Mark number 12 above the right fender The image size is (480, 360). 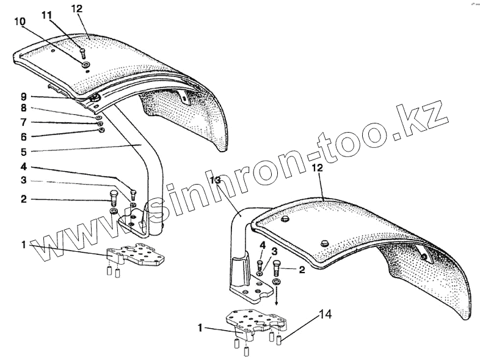tap(316, 167)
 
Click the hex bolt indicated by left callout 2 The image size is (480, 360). tap(114, 197)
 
